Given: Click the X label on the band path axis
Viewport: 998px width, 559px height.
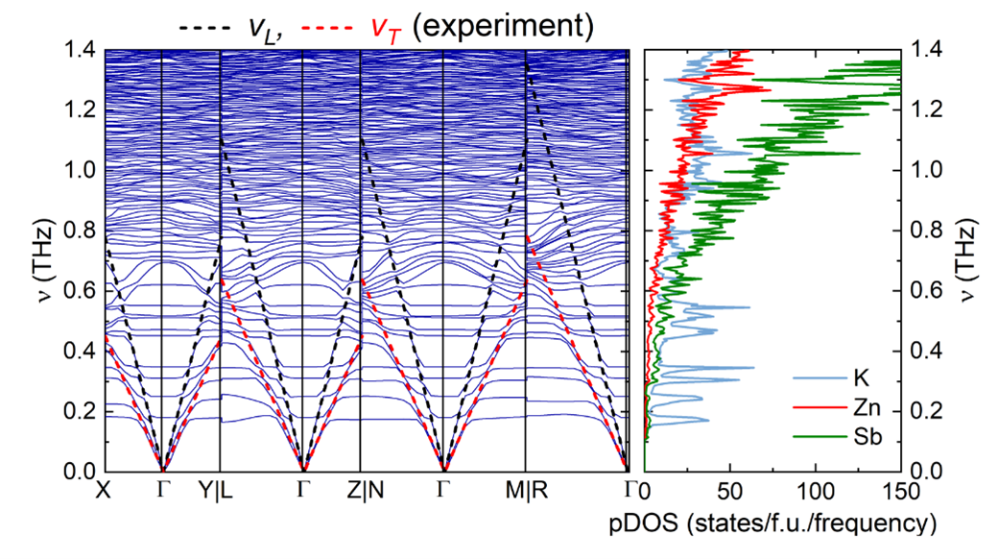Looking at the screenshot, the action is [103, 490].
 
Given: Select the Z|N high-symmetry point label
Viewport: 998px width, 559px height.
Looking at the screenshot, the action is [366, 490].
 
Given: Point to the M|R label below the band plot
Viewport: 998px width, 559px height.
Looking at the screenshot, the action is [527, 490].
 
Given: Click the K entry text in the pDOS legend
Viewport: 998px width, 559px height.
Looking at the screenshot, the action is [861, 378].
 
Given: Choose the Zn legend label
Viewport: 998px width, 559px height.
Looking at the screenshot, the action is [867, 407].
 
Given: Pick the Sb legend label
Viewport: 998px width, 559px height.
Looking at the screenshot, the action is [867, 437].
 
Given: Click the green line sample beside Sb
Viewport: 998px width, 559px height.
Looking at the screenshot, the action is [820, 437].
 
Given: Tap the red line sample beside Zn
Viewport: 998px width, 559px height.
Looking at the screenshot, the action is [820, 407].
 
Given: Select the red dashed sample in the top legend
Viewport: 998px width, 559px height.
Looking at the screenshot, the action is [326, 28].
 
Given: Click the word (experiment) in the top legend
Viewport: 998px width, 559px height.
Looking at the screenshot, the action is [503, 27].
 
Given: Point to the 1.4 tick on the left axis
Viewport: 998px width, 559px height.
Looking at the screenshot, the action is [80, 49].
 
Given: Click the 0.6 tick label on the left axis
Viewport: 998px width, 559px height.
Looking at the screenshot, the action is [80, 291].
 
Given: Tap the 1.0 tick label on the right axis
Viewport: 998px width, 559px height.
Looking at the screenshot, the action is [927, 170].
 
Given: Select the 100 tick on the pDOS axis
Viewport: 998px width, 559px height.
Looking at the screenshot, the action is [816, 491].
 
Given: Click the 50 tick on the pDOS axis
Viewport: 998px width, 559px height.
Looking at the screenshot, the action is [730, 491].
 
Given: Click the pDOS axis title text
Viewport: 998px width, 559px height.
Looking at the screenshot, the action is [772, 523].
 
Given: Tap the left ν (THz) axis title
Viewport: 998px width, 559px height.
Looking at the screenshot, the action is [46, 260].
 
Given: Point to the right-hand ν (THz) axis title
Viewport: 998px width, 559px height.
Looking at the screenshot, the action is [968, 260].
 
